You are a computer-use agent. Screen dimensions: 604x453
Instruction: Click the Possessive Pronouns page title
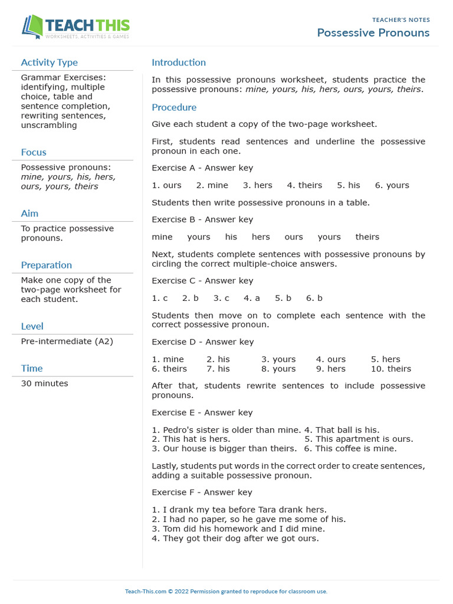tap(373, 32)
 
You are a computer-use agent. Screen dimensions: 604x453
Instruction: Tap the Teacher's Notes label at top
tap(401, 19)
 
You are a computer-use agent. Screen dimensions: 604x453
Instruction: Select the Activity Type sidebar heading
tap(49, 63)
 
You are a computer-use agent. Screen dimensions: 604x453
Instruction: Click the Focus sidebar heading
tap(34, 152)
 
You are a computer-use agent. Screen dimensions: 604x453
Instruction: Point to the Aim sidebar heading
tap(29, 214)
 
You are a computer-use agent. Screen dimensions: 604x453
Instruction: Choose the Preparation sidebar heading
tap(46, 265)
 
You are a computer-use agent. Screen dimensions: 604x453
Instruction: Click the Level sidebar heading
tap(32, 326)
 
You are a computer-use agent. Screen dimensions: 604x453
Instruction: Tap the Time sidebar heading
tap(32, 368)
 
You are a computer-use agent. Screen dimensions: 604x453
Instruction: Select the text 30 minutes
tap(44, 383)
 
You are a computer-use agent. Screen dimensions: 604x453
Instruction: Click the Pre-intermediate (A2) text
tap(67, 342)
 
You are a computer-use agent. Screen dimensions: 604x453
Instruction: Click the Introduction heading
tap(179, 63)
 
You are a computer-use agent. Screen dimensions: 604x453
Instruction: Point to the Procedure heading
tap(174, 107)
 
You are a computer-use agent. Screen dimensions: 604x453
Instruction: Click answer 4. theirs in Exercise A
tap(304, 185)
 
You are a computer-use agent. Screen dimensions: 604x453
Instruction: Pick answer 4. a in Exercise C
tap(252, 298)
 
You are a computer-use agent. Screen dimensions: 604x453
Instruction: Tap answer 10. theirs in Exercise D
tap(390, 369)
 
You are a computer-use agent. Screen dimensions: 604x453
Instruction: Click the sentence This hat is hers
tap(191, 439)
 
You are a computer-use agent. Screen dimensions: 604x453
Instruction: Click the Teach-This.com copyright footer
tap(226, 591)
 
